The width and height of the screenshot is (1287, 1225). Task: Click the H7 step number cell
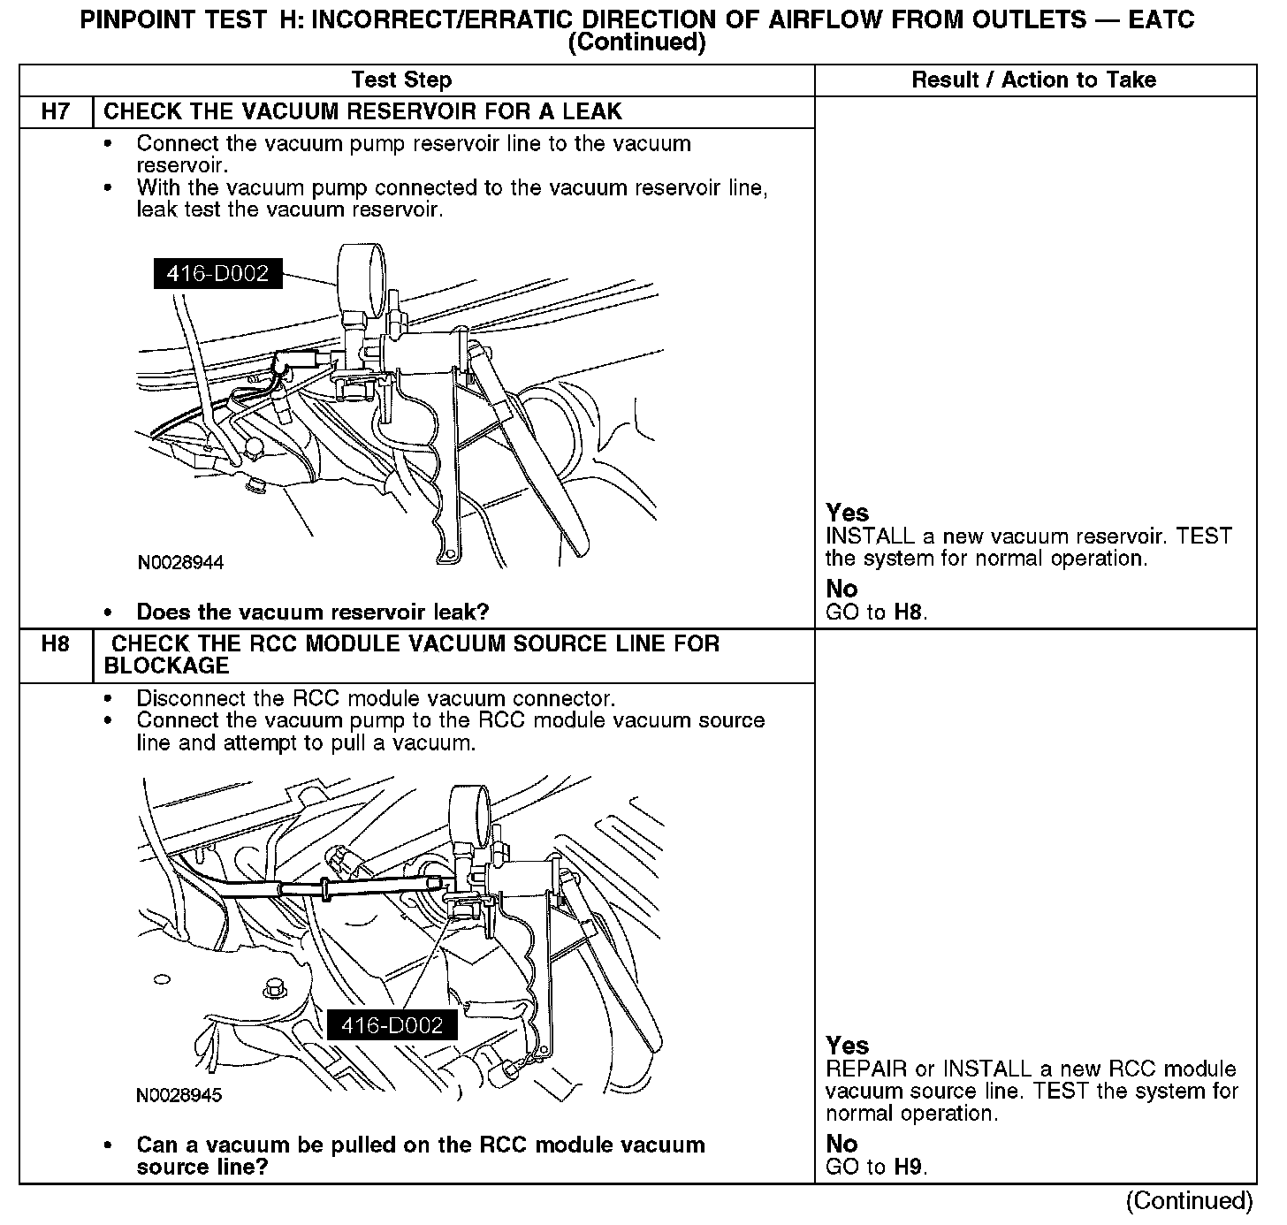[x=55, y=112]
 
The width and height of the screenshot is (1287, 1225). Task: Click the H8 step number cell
[x=55, y=644]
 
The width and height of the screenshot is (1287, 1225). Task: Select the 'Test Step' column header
[x=401, y=80]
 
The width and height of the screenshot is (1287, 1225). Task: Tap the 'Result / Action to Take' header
[x=1033, y=80]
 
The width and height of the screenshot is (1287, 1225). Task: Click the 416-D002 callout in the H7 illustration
[x=217, y=273]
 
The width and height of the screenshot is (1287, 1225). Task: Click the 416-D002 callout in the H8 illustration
[x=392, y=1025]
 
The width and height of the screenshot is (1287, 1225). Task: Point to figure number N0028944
[x=180, y=563]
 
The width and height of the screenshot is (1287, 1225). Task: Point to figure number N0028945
[x=179, y=1096]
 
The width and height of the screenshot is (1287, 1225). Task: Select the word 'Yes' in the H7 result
[x=847, y=513]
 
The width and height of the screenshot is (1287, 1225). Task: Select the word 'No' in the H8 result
[x=841, y=1144]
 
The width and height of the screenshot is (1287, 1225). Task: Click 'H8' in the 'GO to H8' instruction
[x=909, y=612]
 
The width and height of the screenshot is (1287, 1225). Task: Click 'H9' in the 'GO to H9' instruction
[x=909, y=1167]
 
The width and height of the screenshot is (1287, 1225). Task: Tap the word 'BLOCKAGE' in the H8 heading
[x=166, y=666]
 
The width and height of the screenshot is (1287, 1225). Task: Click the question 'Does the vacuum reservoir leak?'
[x=313, y=612]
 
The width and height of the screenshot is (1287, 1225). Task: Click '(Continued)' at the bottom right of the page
[x=1189, y=1200]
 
